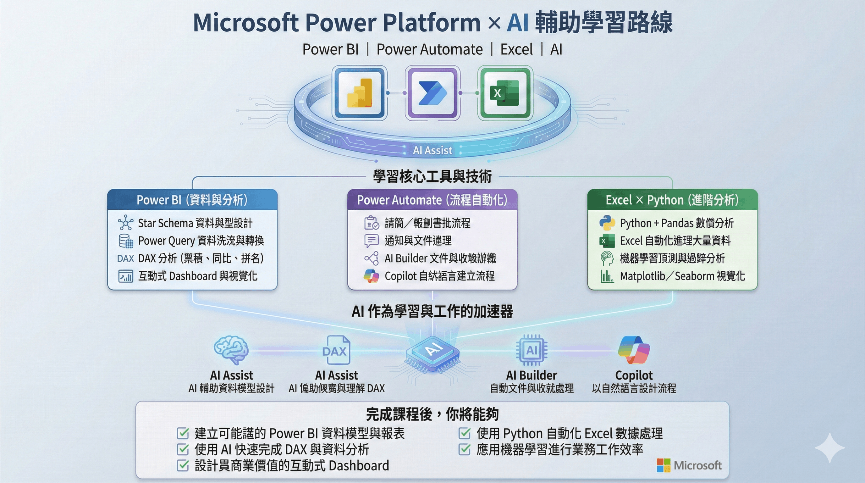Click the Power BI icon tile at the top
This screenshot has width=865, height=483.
[359, 93]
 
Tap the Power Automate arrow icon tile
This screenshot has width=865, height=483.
[432, 93]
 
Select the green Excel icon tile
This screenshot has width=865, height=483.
[505, 93]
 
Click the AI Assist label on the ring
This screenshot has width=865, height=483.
[432, 150]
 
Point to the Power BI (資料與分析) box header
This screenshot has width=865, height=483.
[192, 200]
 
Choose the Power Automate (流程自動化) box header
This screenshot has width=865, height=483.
[432, 200]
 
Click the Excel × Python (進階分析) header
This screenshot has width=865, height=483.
[672, 200]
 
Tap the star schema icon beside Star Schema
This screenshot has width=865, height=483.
[126, 223]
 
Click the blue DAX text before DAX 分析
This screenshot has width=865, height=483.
[126, 258]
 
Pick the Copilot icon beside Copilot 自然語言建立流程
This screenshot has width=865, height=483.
[372, 276]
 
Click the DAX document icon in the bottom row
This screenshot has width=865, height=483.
[336, 350]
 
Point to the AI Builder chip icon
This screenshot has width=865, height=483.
[532, 350]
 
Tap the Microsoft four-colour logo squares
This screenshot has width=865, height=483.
[664, 465]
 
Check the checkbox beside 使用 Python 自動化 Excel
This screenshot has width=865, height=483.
[464, 433]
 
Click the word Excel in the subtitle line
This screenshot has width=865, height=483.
[516, 49]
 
